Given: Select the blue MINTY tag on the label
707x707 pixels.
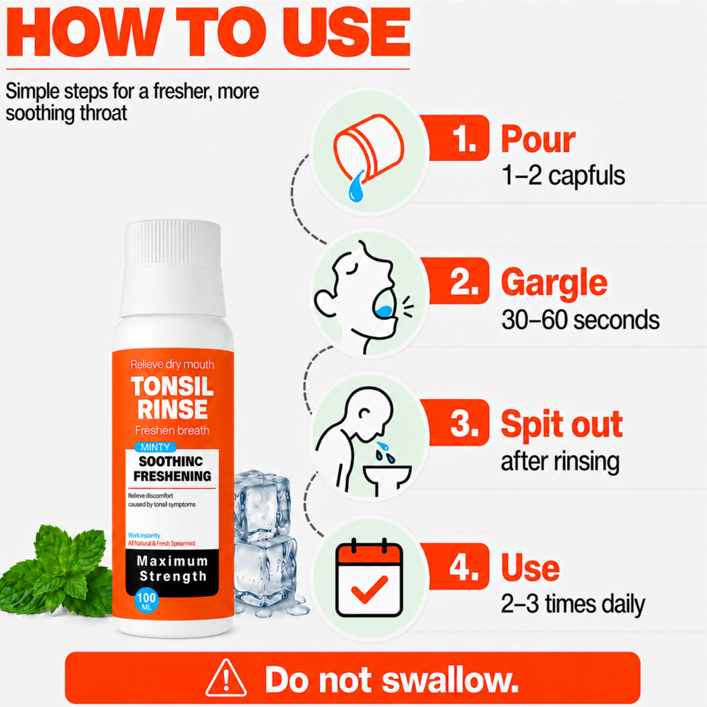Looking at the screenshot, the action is (155, 447).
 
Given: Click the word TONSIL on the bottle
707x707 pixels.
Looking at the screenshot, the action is (172, 386).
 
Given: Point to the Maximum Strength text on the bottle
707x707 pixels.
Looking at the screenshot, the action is (172, 569).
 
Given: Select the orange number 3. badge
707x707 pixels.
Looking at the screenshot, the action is (459, 422).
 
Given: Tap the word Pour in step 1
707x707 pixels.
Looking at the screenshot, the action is (538, 139).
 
